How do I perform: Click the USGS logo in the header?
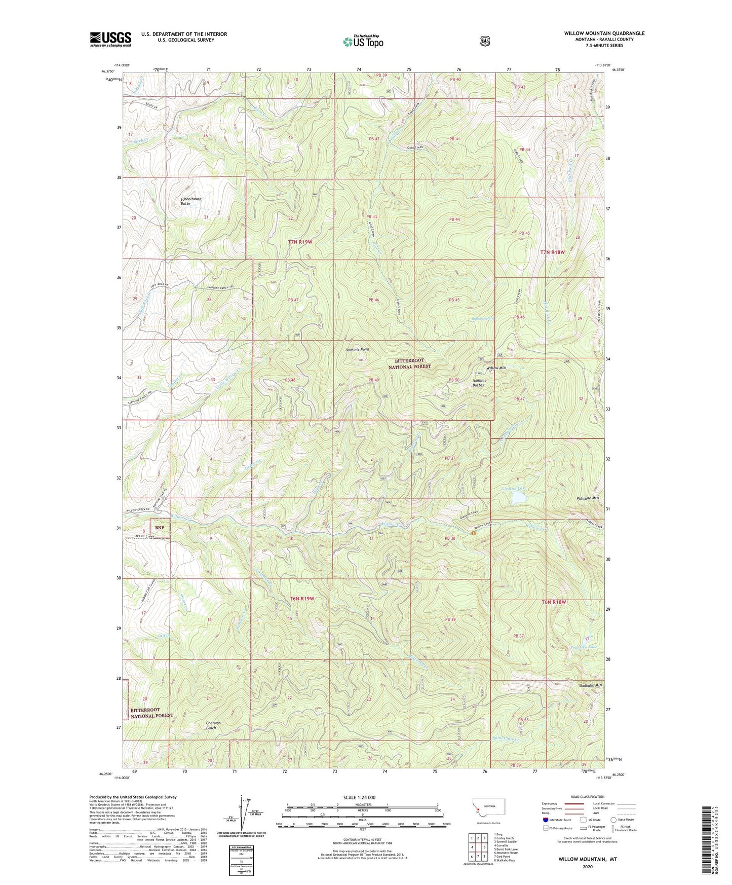(x=110, y=39)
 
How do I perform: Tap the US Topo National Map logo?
(x=363, y=41)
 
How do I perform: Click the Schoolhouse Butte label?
(x=190, y=201)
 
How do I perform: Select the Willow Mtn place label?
(x=496, y=367)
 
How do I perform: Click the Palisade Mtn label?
(x=588, y=498)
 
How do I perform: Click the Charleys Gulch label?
(x=218, y=725)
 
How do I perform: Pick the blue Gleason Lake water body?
(x=519, y=498)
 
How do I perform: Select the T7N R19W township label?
(x=300, y=242)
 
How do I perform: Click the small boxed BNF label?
(x=160, y=528)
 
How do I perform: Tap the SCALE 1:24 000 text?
(x=359, y=797)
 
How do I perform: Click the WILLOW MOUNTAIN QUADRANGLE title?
(x=604, y=33)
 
